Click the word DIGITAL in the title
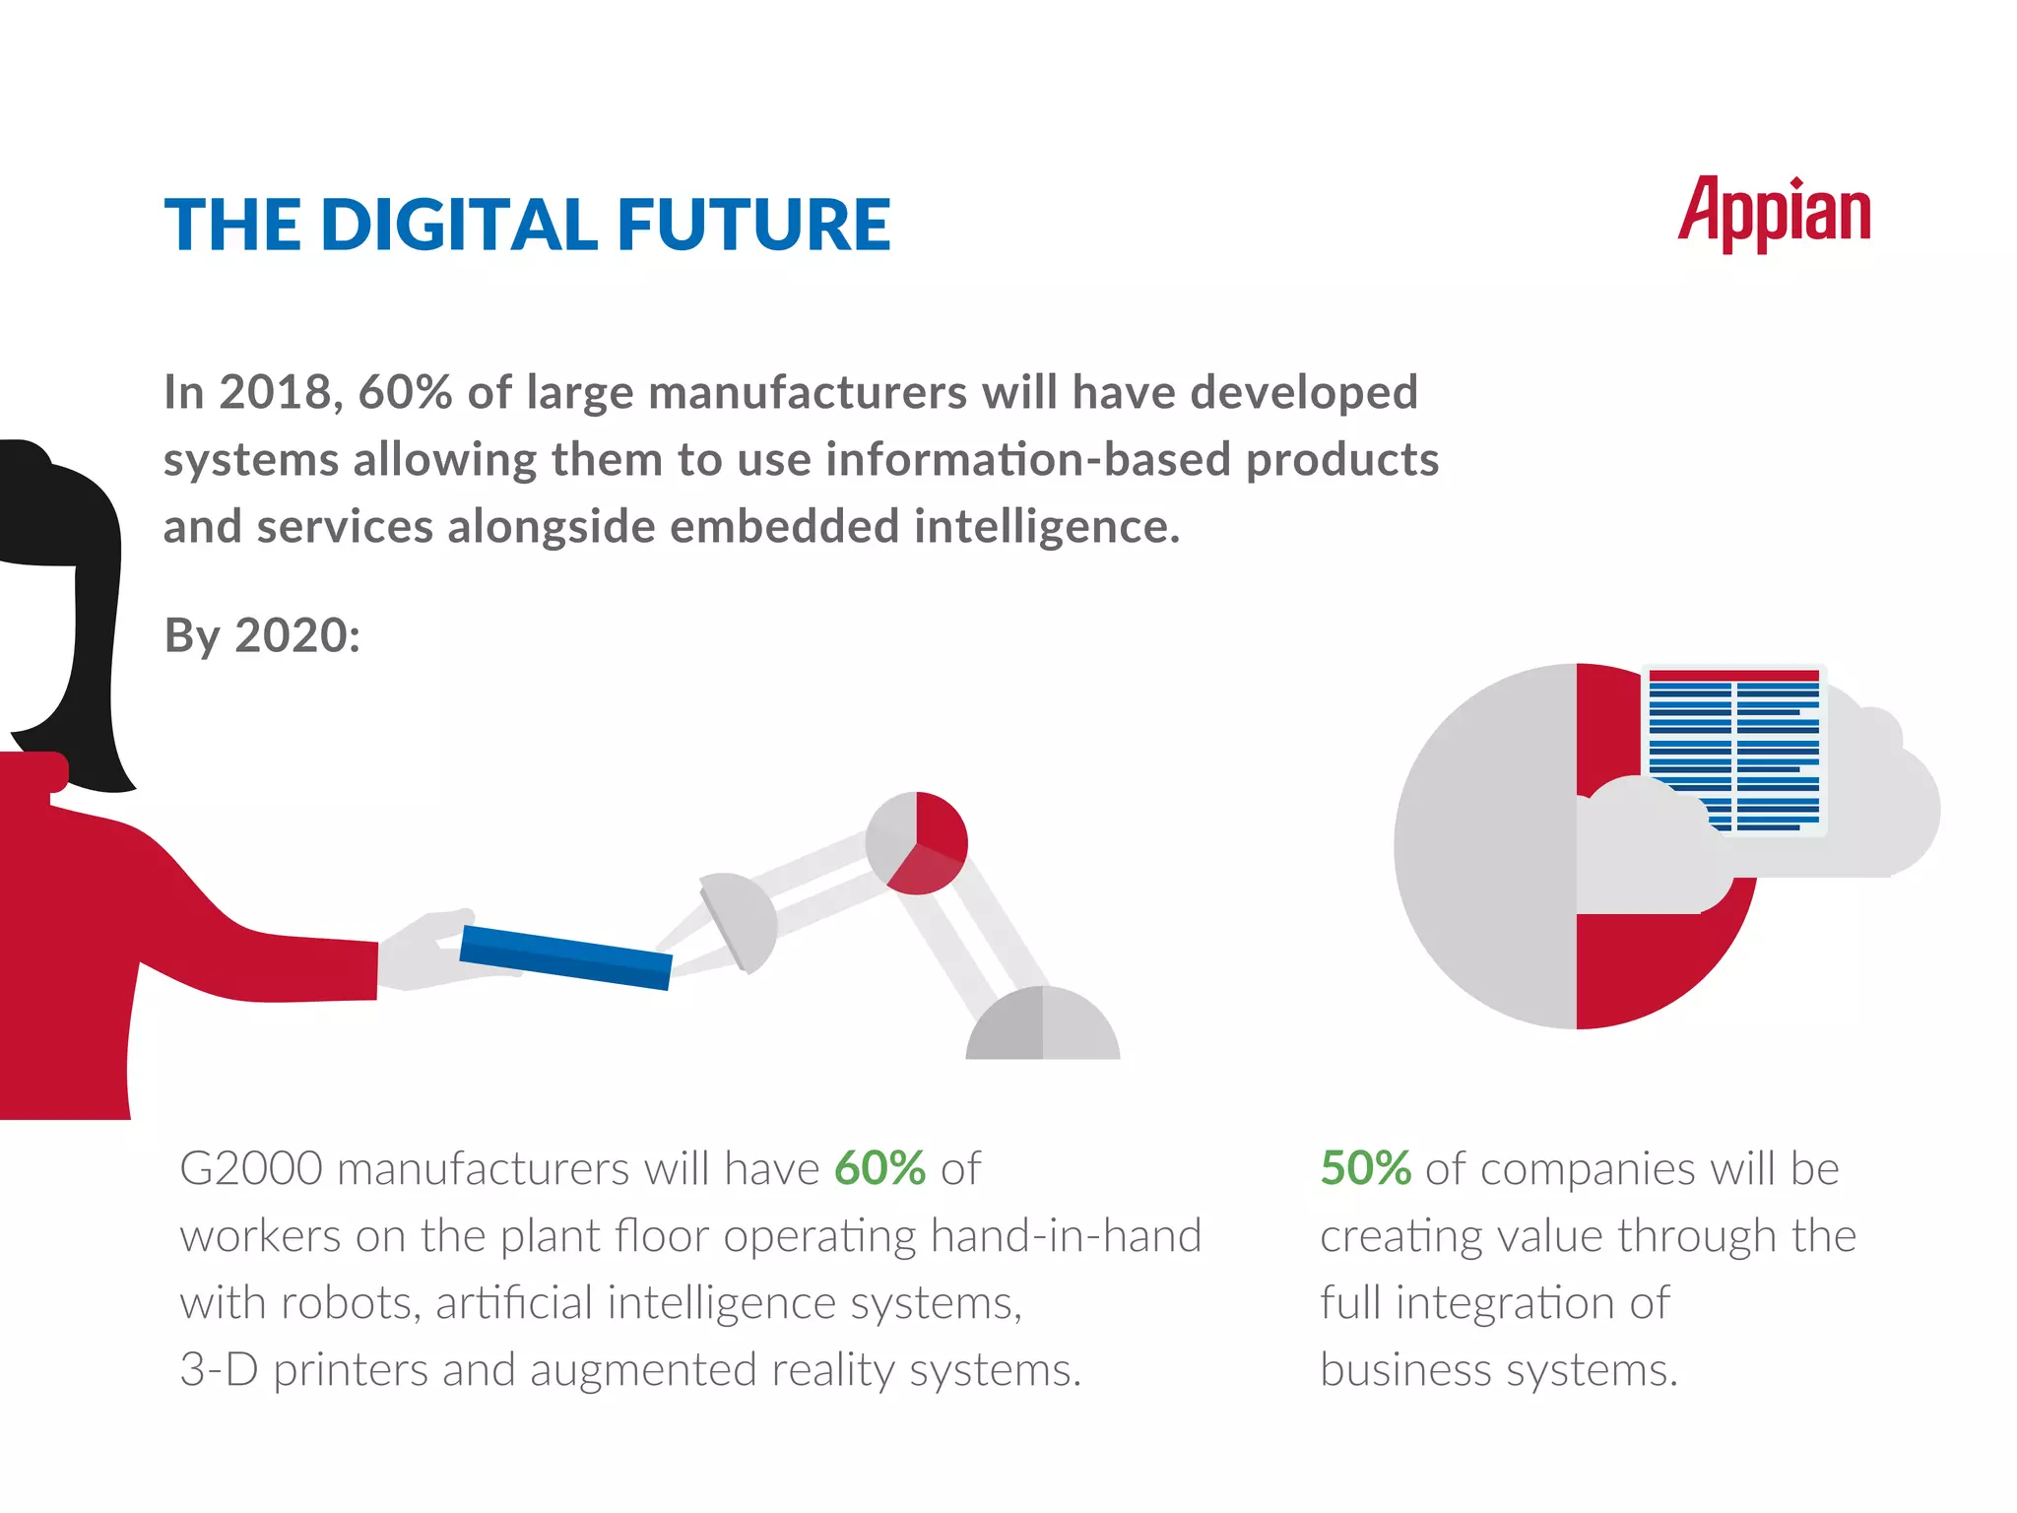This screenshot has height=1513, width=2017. coord(458,225)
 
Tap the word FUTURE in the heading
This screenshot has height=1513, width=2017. coord(753,225)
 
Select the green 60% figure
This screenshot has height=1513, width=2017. coord(879,1169)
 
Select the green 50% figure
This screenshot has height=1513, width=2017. coord(1365,1169)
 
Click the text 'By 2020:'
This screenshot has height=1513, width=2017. coord(262,635)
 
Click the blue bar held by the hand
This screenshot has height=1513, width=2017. coord(566,956)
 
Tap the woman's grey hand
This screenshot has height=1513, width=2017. coord(423,951)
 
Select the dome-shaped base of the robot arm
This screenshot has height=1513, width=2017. coord(1042,1026)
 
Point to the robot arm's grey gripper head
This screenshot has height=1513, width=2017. coord(741,920)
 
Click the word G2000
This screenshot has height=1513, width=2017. coord(251,1169)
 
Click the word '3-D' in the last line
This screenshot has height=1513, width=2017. coord(219,1370)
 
